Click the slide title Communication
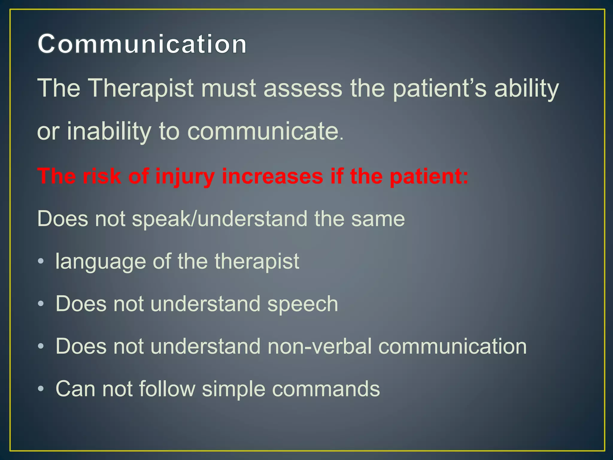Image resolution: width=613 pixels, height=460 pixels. click(142, 44)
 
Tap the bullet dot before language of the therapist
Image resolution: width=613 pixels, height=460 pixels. click(41, 261)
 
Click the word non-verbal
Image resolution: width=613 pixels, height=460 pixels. click(319, 346)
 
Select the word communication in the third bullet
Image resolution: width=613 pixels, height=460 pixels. click(452, 346)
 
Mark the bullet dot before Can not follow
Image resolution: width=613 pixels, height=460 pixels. click(41, 389)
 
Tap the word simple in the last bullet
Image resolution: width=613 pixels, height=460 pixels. click(233, 389)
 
